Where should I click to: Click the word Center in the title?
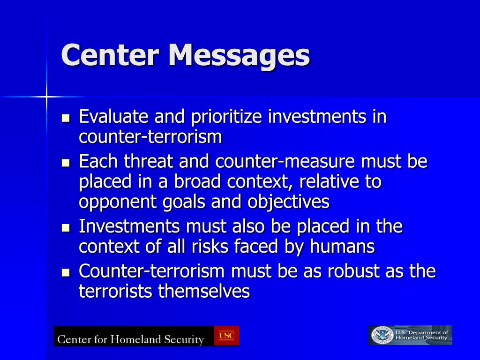[x=110, y=55]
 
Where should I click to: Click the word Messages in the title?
[x=239, y=56]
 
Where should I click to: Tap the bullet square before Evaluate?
[x=66, y=118]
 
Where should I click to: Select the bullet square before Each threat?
[x=66, y=163]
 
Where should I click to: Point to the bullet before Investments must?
[x=66, y=228]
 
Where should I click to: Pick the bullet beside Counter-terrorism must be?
[x=66, y=272]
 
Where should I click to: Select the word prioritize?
[x=226, y=118]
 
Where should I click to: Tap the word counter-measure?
[x=285, y=161]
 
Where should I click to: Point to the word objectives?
[x=288, y=202]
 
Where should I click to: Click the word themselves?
[x=204, y=291]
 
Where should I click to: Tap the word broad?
[x=197, y=181]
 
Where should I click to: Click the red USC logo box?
[x=226, y=336]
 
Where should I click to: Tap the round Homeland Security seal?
[x=382, y=335]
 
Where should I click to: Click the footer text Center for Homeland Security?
[x=131, y=339]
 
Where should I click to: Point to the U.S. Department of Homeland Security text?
[x=421, y=335]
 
